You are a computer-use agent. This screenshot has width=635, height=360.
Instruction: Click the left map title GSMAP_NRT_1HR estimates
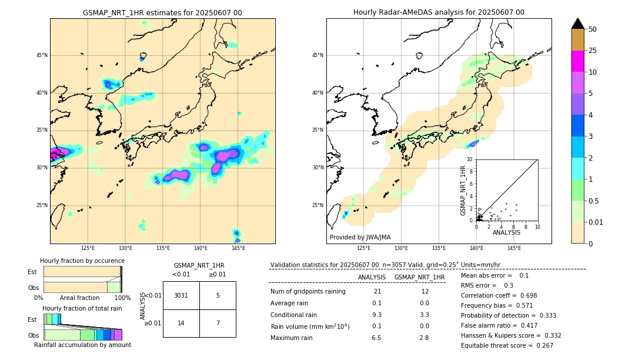pos(162,12)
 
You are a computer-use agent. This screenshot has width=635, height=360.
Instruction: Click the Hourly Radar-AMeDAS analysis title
pos(439,12)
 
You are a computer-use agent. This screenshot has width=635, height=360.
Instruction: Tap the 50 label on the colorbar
pos(593,29)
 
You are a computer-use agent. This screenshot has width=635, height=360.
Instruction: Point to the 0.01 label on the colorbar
pos(596,222)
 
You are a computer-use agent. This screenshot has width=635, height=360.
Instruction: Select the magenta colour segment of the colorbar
pos(577,61)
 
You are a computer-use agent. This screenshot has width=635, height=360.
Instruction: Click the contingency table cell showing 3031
pos(181,295)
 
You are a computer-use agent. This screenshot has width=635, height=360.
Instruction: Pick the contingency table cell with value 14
pos(181,323)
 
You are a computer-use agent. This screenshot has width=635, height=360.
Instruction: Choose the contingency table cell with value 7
pos(218,323)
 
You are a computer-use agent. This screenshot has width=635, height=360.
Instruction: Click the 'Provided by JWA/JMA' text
pos(360,238)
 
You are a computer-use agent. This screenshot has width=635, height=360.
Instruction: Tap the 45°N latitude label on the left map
pos(42,55)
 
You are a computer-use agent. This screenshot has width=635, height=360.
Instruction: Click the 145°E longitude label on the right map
pos(514,248)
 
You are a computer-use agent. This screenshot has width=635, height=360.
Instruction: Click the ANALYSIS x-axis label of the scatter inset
pos(506,232)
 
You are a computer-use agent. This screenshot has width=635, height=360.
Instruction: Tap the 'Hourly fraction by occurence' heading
pos(82,261)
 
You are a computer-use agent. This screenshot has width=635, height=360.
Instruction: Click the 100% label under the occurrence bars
pos(122,298)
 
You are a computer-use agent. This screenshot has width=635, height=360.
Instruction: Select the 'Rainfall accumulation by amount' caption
pos(82,345)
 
